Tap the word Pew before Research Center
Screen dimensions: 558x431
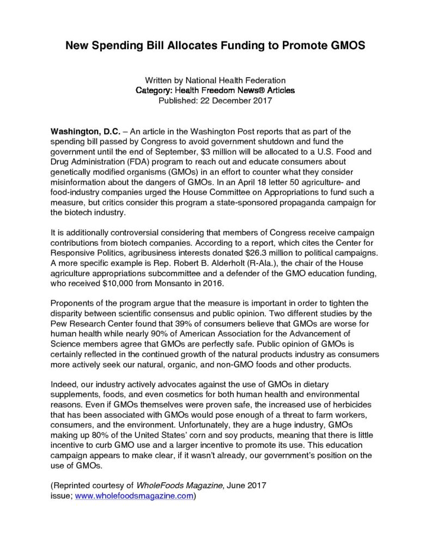(58, 324)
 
